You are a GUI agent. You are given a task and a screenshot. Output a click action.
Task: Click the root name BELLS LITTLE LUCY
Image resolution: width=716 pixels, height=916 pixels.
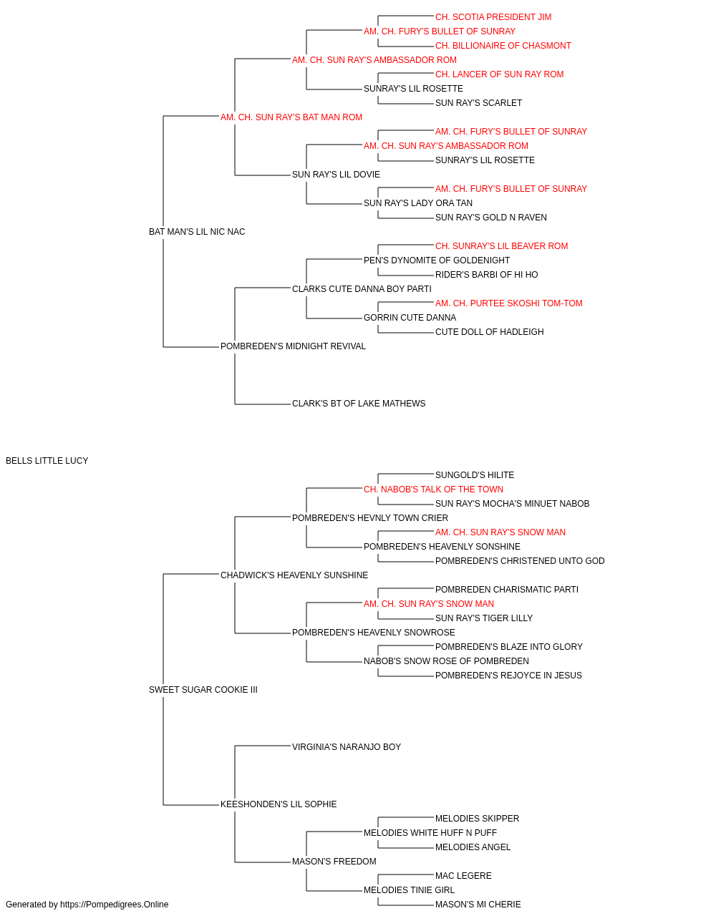tap(47, 461)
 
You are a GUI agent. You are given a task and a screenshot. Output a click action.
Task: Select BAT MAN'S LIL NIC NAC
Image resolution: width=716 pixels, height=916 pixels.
tap(197, 232)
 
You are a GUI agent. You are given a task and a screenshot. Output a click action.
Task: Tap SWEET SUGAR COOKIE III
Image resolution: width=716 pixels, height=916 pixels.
tap(203, 690)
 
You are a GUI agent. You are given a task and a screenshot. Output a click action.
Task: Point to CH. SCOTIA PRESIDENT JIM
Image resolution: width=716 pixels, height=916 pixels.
tap(493, 17)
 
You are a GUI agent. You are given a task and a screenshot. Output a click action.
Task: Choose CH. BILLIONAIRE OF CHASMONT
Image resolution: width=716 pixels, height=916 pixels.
tap(503, 46)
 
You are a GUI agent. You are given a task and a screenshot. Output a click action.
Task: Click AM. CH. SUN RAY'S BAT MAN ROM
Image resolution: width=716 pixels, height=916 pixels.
tap(291, 117)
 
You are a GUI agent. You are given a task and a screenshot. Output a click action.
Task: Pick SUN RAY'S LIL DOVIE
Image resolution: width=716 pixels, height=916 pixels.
tap(336, 175)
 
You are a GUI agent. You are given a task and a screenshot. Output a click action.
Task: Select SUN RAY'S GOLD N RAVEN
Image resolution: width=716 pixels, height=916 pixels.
tap(491, 218)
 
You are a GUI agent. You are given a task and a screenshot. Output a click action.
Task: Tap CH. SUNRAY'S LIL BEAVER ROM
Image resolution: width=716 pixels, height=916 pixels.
tap(501, 246)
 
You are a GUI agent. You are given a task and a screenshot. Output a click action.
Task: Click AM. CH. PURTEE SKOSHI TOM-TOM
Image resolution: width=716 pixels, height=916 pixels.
tap(508, 303)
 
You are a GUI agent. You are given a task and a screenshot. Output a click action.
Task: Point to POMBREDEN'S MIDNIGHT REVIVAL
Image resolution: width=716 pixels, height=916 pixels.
tap(293, 346)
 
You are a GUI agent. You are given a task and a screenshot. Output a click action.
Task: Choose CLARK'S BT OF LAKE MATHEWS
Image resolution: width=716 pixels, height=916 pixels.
tap(359, 404)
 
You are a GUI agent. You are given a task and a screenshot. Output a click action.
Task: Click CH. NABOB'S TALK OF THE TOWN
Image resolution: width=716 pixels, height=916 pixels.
tap(433, 489)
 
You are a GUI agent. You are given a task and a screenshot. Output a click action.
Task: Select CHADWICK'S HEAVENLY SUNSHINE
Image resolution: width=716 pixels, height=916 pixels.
tap(294, 575)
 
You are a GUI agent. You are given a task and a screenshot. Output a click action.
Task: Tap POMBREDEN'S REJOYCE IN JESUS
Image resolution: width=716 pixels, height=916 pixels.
tap(508, 676)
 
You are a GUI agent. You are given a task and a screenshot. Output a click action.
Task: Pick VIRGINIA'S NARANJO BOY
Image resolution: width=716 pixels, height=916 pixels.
tap(347, 747)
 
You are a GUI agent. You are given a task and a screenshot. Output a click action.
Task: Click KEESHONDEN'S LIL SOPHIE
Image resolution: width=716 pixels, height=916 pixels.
tap(279, 804)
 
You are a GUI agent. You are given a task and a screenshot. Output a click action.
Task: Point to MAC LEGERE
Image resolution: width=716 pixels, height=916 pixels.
tap(463, 876)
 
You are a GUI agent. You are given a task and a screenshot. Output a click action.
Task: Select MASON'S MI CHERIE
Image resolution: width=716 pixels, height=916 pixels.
tap(478, 905)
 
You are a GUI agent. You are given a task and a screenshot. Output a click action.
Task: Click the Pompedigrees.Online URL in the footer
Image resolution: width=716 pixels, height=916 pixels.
tap(115, 905)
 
